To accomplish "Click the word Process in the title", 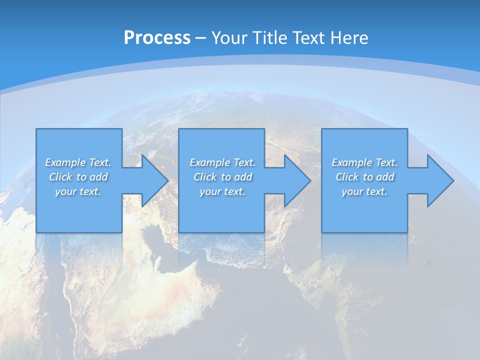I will coord(157,38).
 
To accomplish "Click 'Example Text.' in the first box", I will coord(78,162).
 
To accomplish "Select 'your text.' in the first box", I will coord(78,191).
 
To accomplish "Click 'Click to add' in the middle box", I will coord(222,177).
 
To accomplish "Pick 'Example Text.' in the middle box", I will coord(222,162).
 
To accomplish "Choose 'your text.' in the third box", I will coord(364,191).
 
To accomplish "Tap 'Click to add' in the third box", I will coord(364,177).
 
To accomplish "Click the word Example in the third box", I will coord(352,162).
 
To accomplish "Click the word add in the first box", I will coord(99,177).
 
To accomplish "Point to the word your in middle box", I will coord(210,192).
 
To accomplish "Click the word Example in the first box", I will coord(65,162).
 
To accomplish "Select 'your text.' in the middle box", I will coord(222,191).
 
